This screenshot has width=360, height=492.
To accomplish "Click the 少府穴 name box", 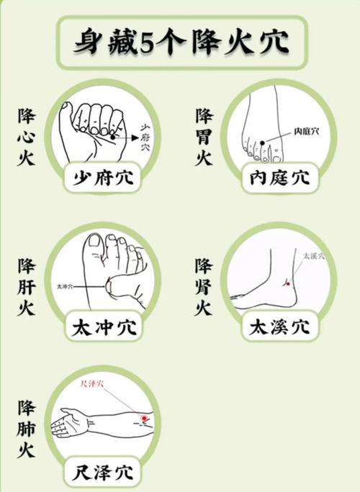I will coord(102,176).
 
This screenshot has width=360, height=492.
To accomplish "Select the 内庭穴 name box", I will coord(279,176).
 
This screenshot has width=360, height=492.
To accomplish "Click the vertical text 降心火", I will coord(27,137).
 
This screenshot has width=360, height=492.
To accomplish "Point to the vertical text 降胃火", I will coord(204,137).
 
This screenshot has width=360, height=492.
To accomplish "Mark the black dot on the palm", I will coord(112,135).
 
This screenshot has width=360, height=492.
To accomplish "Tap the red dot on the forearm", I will coord(144,417).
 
